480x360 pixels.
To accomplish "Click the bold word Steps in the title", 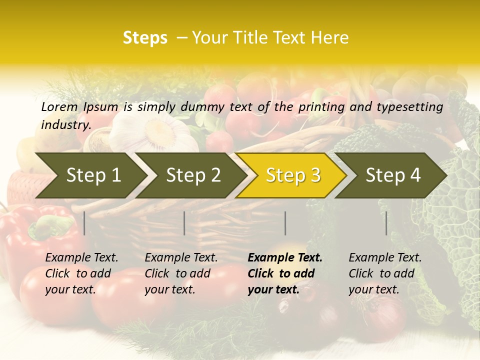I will point(145,38).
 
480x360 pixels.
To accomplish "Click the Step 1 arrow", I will point(90,175).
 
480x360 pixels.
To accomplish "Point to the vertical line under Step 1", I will point(84,223).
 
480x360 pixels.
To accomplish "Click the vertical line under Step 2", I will point(184,223).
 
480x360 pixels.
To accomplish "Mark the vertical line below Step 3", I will point(285,223).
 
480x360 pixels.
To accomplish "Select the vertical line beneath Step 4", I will point(386,223).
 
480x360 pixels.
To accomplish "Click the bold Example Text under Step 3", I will point(285,258).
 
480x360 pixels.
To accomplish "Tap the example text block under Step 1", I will point(81,273).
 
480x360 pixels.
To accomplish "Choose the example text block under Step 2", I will point(181,273).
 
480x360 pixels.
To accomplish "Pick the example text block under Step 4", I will point(385,273).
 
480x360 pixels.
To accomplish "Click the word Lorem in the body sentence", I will point(59,106).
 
